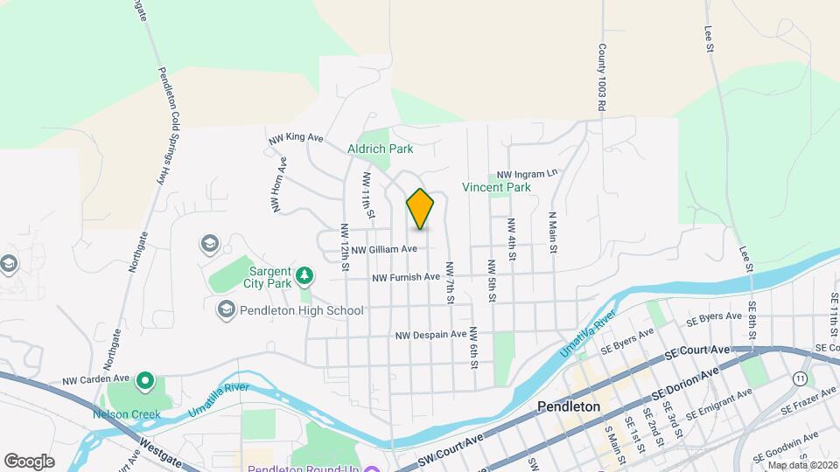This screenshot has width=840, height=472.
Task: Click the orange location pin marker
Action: point(421,210)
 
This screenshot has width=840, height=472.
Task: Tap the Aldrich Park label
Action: point(381,149)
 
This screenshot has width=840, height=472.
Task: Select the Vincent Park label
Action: point(497,187)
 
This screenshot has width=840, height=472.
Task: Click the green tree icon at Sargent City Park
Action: point(304,276)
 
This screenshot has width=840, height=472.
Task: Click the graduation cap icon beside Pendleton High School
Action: point(225,309)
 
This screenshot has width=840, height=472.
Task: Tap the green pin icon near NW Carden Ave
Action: point(145,381)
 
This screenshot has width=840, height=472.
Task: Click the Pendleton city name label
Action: point(569,406)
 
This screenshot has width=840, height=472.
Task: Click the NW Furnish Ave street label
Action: point(406,277)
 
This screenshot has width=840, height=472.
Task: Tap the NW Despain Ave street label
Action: point(431,335)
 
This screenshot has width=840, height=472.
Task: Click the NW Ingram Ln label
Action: point(527,174)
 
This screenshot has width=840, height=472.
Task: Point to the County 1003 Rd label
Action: point(602,78)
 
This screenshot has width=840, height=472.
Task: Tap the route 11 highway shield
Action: point(800,378)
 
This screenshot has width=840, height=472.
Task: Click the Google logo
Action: point(29,461)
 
